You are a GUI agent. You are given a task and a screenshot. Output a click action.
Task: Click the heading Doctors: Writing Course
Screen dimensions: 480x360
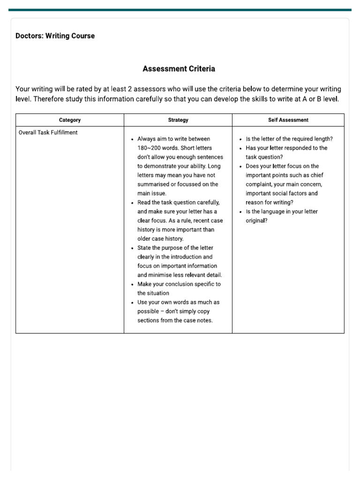pos(55,36)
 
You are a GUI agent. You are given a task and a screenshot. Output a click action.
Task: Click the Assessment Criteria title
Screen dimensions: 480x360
pos(179,69)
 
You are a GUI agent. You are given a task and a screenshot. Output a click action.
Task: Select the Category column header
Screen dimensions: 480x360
pos(70,120)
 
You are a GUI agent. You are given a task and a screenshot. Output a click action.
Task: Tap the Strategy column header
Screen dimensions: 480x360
pos(178,120)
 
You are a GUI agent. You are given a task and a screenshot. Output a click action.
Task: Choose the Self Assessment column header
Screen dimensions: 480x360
pos(288,120)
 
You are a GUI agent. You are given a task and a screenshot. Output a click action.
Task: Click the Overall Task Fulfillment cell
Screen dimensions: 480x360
pos(48,133)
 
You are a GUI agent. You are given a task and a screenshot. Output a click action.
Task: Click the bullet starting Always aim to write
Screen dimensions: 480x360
pos(173,139)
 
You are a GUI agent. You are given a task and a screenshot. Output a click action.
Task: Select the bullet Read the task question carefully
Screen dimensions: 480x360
pos(178,202)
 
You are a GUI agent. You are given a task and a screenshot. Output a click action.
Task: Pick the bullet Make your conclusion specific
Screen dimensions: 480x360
pos(179,284)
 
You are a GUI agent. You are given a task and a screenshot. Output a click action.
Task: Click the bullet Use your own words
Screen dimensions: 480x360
pos(178,302)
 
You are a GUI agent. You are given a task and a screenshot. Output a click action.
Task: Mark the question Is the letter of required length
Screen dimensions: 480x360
pos(289,139)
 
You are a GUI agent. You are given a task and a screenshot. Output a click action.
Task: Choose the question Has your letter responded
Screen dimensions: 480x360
pos(286,148)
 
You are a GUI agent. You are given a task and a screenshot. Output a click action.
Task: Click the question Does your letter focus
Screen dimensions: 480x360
pos(282,166)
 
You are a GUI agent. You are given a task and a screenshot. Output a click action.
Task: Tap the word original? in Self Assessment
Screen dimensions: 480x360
pos(257,221)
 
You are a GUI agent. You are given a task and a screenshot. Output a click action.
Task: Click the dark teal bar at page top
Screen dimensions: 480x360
pos(180,10)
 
